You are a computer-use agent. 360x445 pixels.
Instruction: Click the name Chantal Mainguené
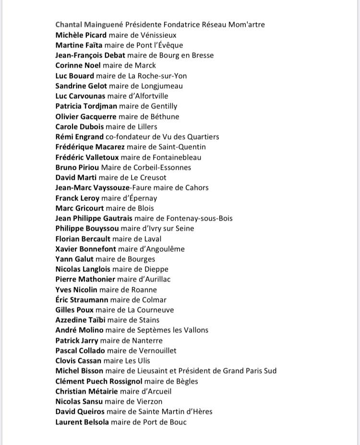coord(89,24)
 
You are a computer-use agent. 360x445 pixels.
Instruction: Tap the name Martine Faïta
coord(79,45)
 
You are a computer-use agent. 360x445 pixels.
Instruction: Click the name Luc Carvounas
coord(80,96)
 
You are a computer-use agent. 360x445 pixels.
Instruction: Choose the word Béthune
coord(163,117)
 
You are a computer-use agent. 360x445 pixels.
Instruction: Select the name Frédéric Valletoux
coord(87,157)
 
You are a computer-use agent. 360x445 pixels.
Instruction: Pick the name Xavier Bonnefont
coord(85,249)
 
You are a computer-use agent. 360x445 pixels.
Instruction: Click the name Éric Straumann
coord(82,300)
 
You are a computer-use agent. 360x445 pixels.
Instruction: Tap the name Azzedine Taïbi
coord(80,320)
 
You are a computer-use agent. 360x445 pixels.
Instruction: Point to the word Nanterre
coord(146,340)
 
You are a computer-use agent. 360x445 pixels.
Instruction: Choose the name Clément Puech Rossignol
coord(99,381)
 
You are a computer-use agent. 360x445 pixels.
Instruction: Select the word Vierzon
coord(146,401)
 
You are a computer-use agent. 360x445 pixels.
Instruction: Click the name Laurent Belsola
coord(82,422)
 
